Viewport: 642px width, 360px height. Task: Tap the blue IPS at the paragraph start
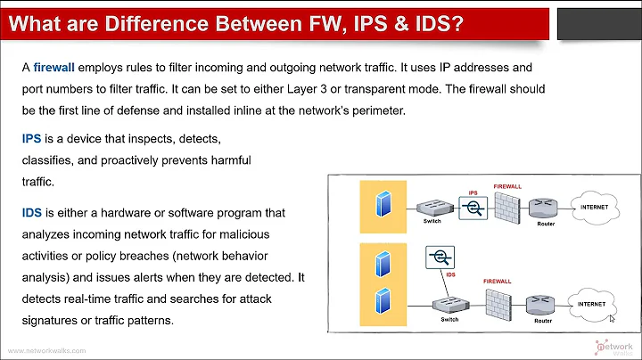tap(32, 141)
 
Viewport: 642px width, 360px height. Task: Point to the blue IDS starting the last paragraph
tap(33, 213)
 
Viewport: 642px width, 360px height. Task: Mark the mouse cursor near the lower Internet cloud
tap(612, 316)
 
